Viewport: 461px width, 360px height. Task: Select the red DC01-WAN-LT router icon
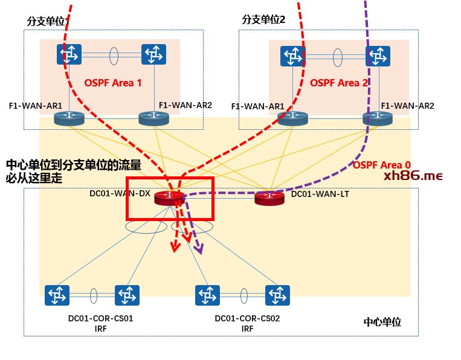coord(269,197)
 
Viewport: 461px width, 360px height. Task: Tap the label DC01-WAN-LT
coord(320,194)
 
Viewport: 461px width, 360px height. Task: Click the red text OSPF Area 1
coord(113,83)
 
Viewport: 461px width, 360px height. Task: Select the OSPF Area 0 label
coord(382,165)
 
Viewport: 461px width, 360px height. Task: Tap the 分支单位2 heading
coord(263,19)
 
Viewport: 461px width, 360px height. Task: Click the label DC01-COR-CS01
coord(100,318)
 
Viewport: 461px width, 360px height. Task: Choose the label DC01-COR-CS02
coord(247,318)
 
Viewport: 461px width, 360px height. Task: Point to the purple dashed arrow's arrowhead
coord(198,249)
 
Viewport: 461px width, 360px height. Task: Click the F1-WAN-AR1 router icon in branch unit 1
coord(69,118)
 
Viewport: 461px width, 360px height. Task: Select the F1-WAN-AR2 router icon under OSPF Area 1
coord(153,118)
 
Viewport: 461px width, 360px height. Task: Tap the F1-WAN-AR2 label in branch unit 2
coord(407,106)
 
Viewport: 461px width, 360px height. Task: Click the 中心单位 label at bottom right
coord(382,322)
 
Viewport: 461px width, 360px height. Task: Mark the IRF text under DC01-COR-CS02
coord(247,329)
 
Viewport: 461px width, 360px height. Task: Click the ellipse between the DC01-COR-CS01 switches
coord(94,295)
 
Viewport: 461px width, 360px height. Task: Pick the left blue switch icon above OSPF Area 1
coord(69,54)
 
